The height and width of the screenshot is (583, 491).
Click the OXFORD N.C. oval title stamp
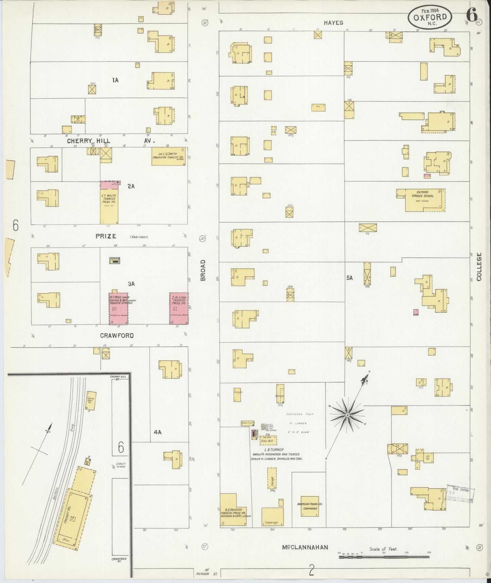[430, 17]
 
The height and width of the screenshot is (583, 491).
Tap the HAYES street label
[333, 23]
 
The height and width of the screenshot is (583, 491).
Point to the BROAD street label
[203, 270]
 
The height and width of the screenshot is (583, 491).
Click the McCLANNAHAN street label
[305, 547]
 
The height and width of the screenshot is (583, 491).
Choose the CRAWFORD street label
[117, 335]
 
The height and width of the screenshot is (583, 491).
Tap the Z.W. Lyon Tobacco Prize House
[179, 308]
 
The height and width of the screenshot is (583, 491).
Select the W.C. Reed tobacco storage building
[118, 308]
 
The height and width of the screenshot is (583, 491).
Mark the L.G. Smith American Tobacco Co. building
[169, 156]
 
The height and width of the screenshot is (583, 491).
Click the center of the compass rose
[348, 416]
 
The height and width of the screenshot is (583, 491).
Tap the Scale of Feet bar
[384, 556]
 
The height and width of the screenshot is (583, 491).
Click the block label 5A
[349, 278]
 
